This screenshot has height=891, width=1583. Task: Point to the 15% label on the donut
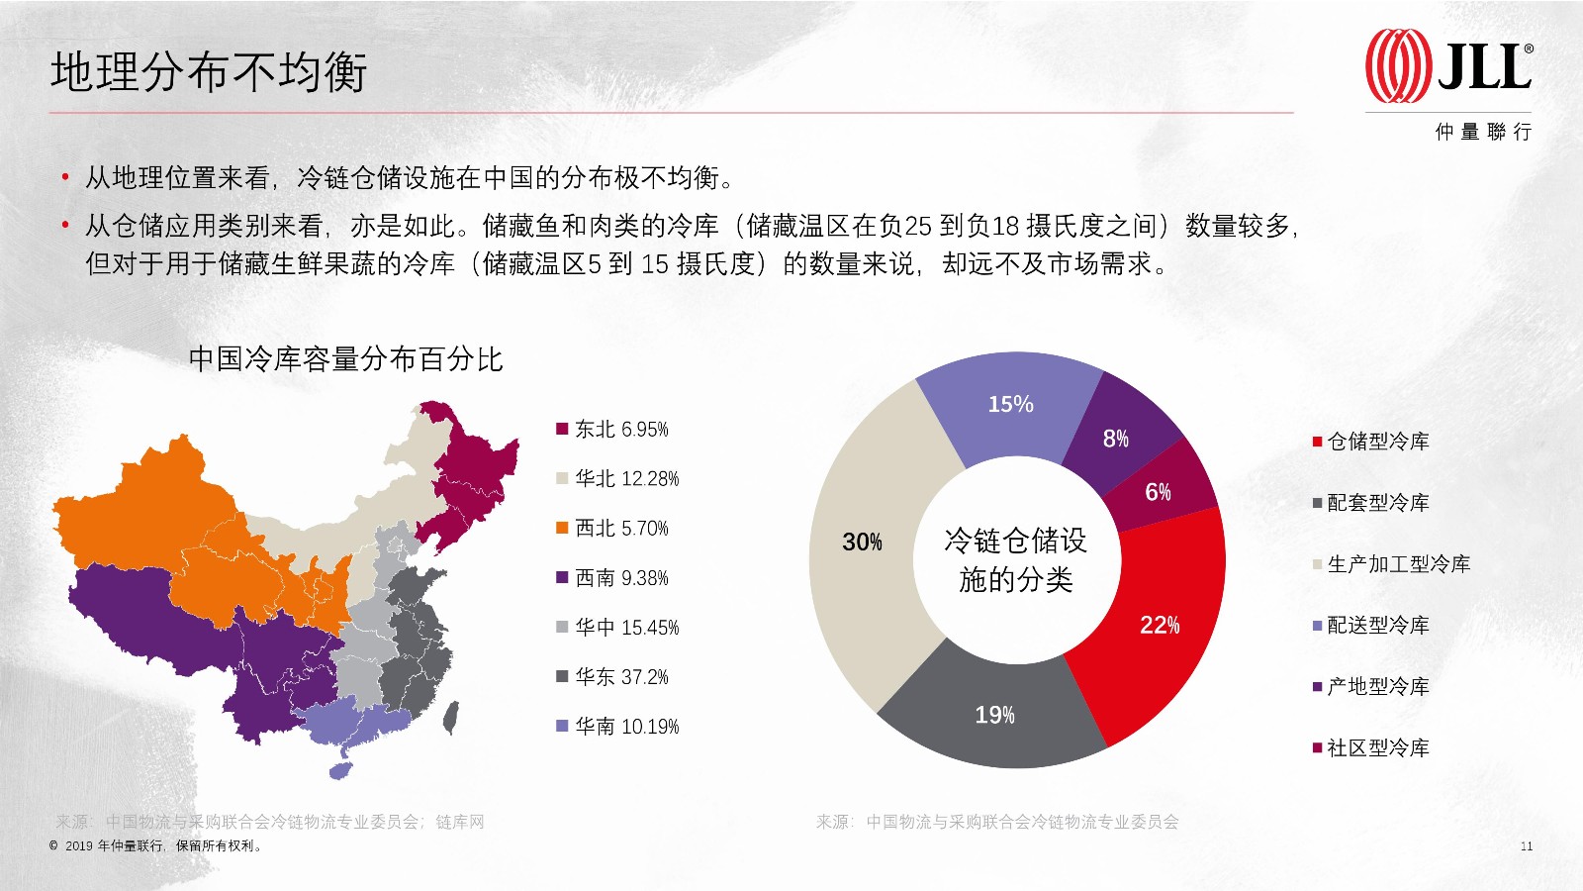click(x=1010, y=404)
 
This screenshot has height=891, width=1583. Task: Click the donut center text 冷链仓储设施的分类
click(x=1015, y=560)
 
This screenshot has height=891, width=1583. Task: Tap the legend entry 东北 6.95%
click(x=612, y=430)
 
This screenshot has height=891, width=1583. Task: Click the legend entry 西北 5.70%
click(x=612, y=529)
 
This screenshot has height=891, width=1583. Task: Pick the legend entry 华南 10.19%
click(x=617, y=727)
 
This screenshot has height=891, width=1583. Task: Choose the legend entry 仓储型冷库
click(x=1371, y=442)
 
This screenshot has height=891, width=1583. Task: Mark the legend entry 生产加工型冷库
click(x=1391, y=564)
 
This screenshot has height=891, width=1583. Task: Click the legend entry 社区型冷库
click(x=1371, y=747)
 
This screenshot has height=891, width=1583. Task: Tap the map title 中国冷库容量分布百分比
click(x=345, y=359)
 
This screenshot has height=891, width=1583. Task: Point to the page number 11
click(x=1527, y=846)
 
